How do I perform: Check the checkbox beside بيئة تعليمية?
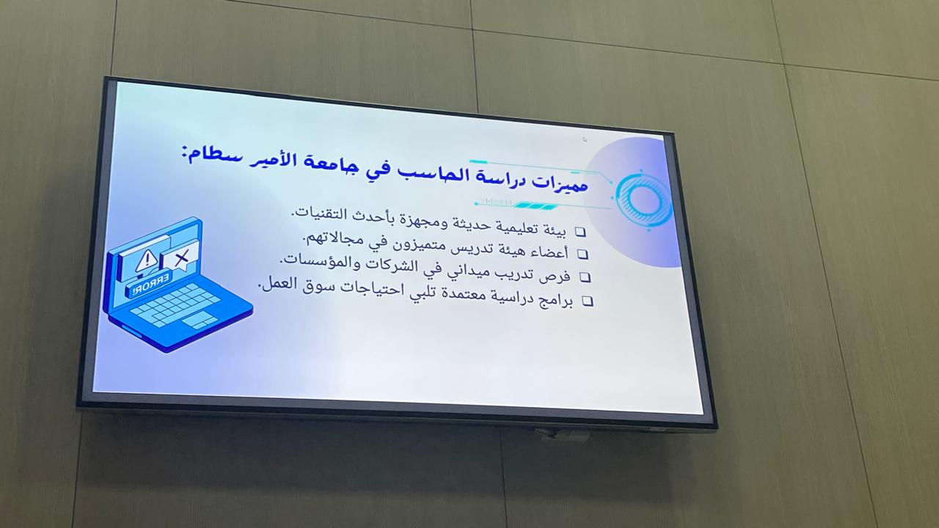click(580, 232)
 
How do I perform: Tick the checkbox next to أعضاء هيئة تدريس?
click(583, 254)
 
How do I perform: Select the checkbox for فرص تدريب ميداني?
click(585, 277)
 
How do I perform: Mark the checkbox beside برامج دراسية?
click(588, 301)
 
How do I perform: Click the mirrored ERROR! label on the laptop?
click(150, 286)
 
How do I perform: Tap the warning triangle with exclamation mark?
click(146, 260)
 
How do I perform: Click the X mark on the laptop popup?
click(181, 257)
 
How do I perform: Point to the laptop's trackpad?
click(200, 320)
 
